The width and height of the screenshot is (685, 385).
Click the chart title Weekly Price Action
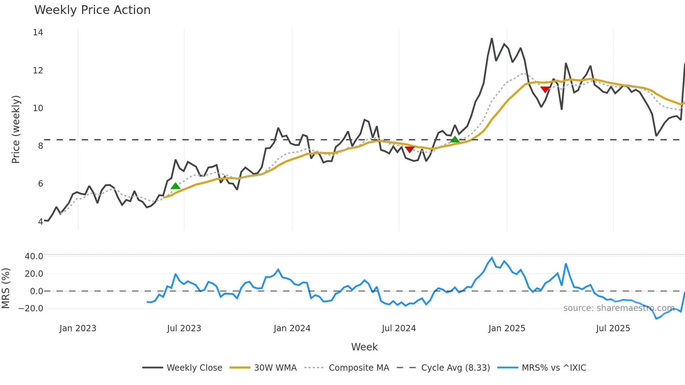pos(92,10)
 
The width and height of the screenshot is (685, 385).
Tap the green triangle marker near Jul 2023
pos(175,186)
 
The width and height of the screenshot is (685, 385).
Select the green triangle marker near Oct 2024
pos(455,140)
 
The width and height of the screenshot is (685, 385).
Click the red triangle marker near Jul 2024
pos(410,150)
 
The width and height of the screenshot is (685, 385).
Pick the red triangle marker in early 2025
pos(545,90)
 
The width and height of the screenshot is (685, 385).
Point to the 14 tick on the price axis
pos(38,32)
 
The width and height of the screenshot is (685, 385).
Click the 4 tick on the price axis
pos(41,221)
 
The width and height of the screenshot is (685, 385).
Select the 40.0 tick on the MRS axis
pos(34,256)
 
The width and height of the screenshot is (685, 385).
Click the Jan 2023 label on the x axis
pos(78,328)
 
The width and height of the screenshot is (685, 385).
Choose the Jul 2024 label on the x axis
pos(399,328)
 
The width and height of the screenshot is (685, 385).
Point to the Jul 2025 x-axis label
pos(613,328)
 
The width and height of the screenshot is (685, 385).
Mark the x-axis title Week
pos(364,347)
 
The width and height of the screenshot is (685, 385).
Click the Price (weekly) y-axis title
pos(16,129)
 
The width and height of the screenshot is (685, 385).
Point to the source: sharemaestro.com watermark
pos(619,308)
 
